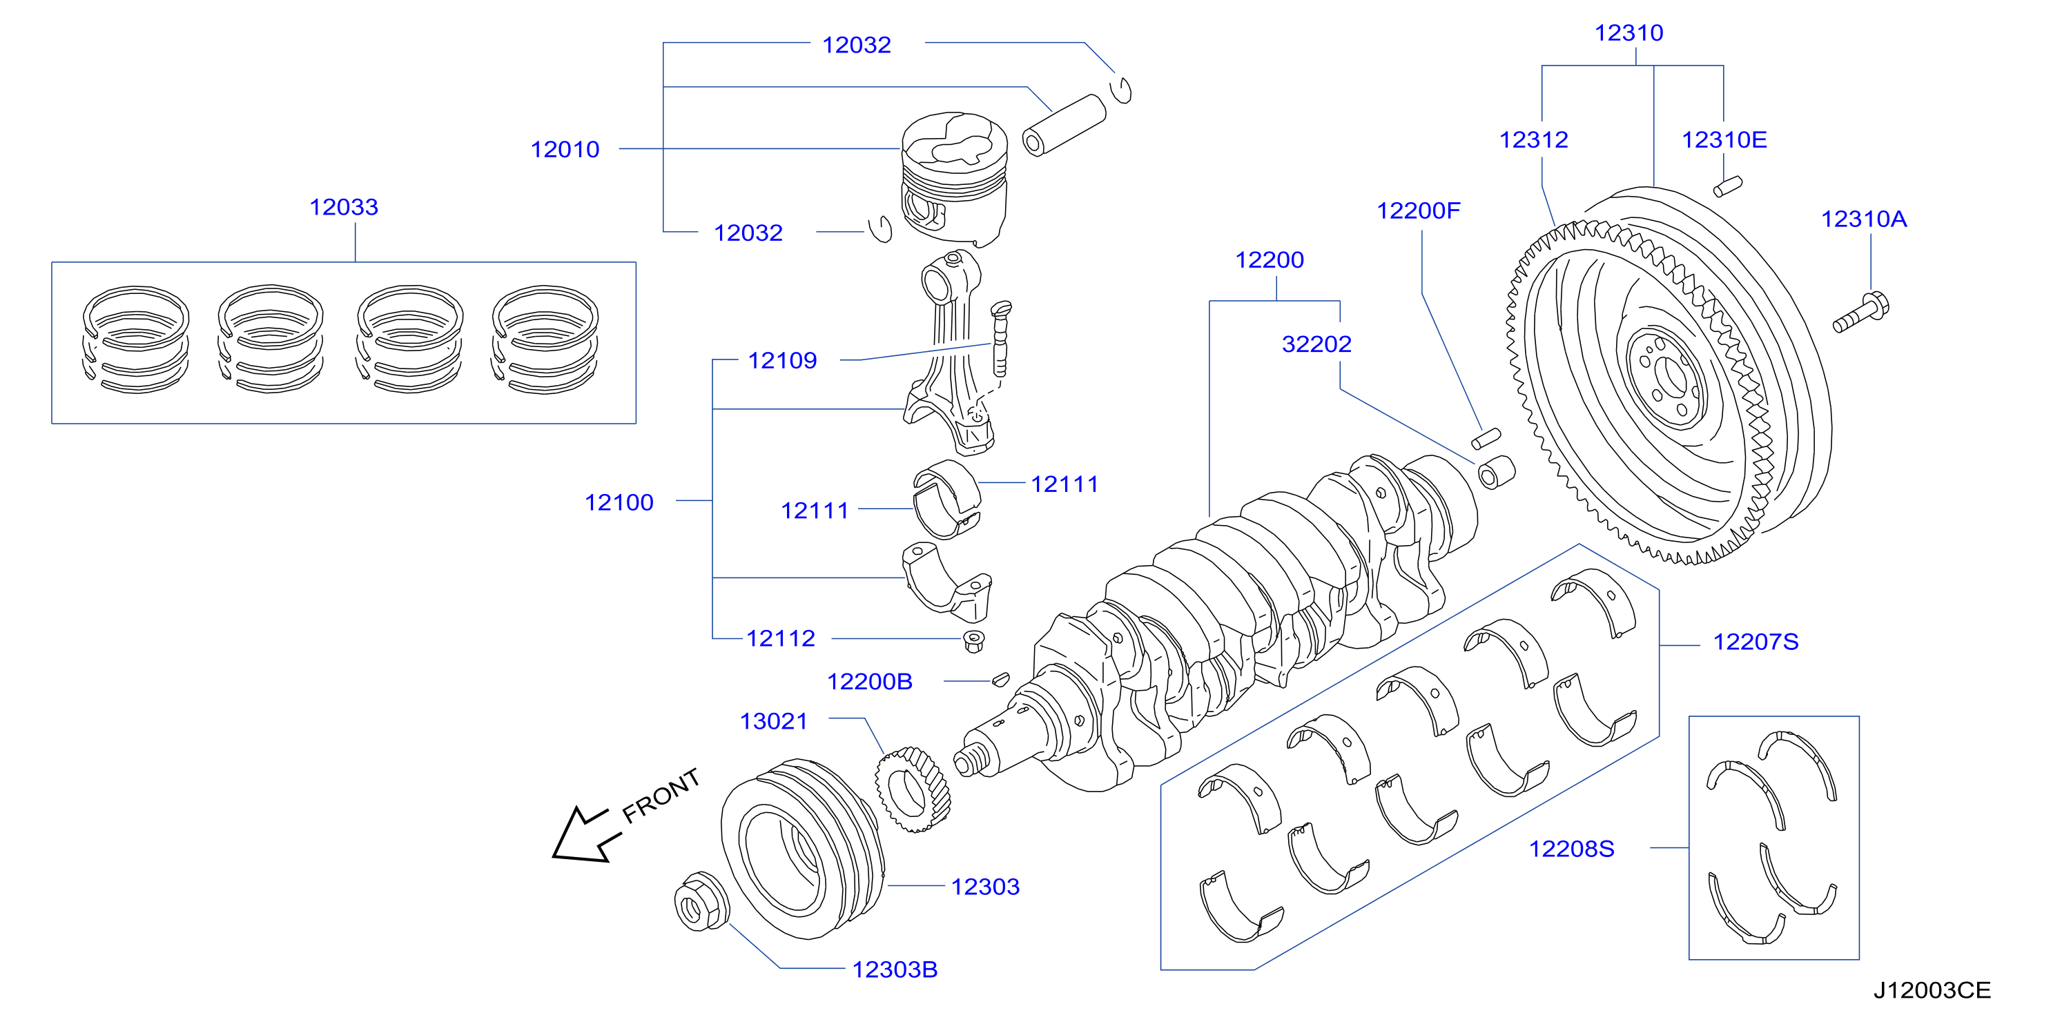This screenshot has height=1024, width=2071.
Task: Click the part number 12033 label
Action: pyautogui.click(x=343, y=208)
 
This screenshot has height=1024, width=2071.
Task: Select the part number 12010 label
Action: pyautogui.click(x=565, y=150)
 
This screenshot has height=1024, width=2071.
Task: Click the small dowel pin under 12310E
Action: pyautogui.click(x=1728, y=186)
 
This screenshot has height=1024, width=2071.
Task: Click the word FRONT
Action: pyautogui.click(x=661, y=796)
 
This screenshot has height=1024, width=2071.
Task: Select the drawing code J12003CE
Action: pyautogui.click(x=1932, y=990)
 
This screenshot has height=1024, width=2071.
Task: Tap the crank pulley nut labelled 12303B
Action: pyautogui.click(x=702, y=901)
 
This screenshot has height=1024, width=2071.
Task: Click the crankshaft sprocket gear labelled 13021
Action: pyautogui.click(x=913, y=789)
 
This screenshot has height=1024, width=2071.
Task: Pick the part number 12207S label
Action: pyautogui.click(x=1756, y=642)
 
